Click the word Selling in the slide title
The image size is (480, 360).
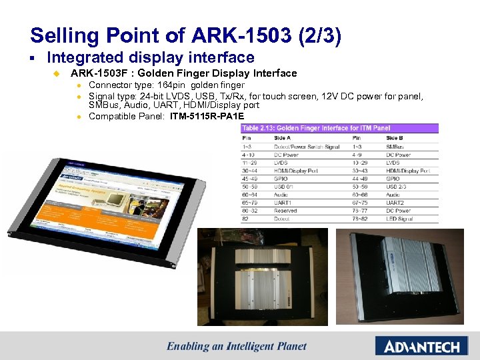[57, 35]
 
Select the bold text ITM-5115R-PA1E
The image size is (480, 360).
[207, 116]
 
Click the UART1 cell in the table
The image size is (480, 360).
[284, 203]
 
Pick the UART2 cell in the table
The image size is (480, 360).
[396, 203]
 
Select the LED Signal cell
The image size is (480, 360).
[399, 219]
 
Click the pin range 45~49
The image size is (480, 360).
[248, 179]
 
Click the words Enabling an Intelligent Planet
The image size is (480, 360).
[237, 346]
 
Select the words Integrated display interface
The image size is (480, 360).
[151, 58]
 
